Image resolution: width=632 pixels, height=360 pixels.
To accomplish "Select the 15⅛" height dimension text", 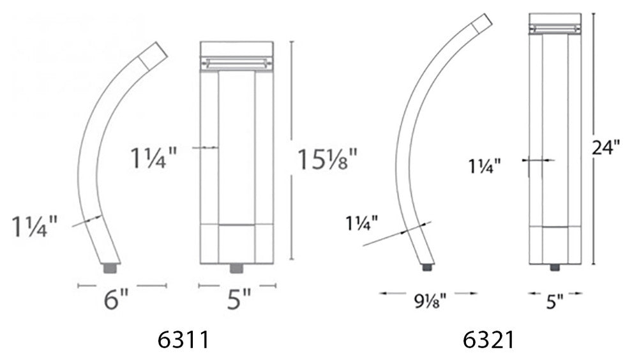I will pos(325,158).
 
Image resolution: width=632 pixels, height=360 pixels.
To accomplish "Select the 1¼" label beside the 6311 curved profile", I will pos(35,227).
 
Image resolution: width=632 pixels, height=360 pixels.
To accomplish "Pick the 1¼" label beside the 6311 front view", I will pos(153,157).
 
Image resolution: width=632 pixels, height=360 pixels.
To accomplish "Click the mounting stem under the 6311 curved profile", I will pos(111,267).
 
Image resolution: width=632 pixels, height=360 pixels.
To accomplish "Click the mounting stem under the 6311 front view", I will pos(236,266).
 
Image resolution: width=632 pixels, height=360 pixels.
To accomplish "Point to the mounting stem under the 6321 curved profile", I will pos(427,267).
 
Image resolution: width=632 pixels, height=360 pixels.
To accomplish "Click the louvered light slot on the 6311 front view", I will pos(236,63).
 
